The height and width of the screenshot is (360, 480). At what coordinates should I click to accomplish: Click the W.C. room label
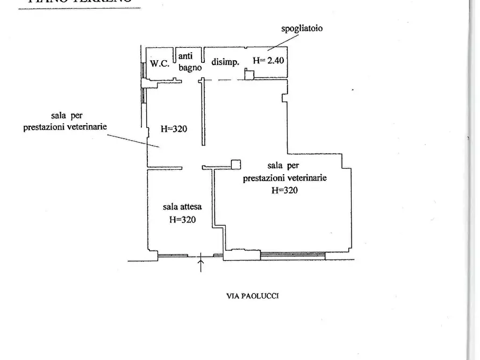(160, 63)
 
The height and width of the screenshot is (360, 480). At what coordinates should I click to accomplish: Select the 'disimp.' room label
(225, 62)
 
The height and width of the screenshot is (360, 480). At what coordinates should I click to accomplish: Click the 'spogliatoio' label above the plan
(302, 28)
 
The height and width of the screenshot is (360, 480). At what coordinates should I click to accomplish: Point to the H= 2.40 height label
(268, 60)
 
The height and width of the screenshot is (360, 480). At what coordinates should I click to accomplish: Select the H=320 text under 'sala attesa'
(182, 219)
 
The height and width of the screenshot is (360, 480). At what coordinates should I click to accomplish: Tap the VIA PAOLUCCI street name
(253, 296)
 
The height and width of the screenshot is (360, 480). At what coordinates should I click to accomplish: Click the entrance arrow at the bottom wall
(201, 264)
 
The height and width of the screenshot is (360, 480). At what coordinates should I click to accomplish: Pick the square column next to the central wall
(235, 164)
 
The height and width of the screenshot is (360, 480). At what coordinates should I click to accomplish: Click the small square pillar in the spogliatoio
(249, 75)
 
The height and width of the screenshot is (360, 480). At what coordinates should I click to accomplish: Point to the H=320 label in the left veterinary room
(174, 129)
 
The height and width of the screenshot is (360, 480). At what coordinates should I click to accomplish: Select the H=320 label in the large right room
(284, 190)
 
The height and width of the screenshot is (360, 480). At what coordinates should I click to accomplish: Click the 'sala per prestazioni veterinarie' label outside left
(66, 121)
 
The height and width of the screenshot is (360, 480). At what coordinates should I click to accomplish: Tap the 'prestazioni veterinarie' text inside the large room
(285, 178)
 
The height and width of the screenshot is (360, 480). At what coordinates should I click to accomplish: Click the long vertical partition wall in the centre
(203, 113)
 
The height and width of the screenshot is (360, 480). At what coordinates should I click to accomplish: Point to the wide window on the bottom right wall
(293, 255)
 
